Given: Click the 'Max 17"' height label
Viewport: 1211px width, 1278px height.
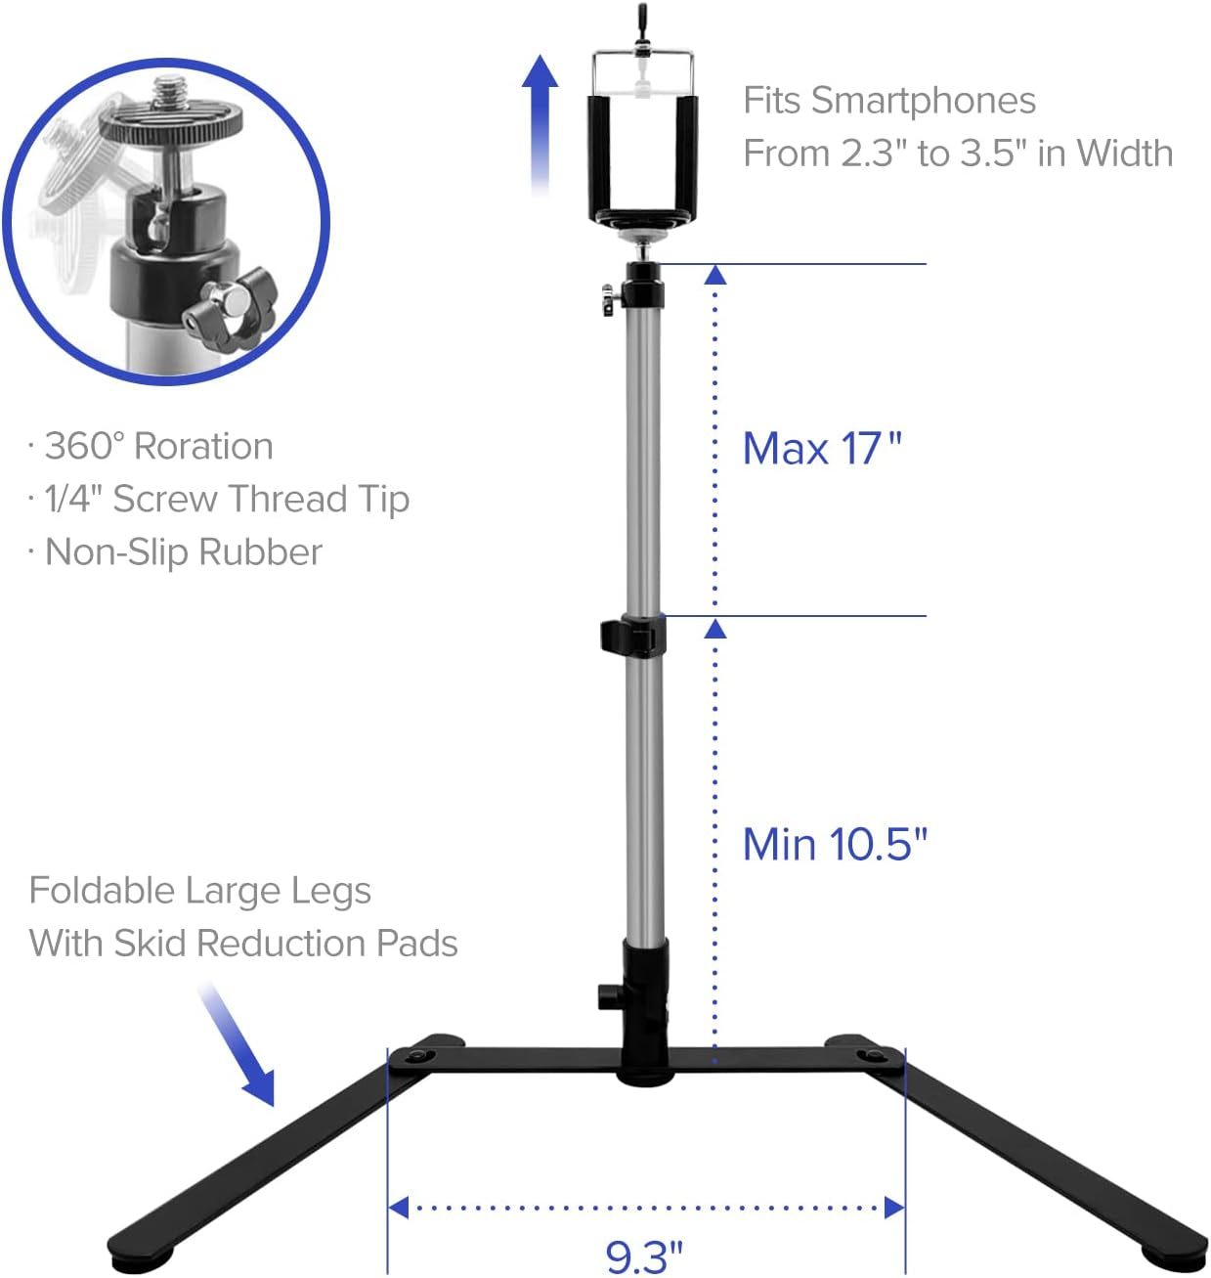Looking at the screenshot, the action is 822,448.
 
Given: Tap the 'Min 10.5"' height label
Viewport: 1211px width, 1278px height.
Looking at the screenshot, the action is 835,845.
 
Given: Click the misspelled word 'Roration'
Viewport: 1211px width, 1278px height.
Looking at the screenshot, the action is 203,446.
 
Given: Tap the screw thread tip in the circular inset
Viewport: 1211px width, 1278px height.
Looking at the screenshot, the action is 170,92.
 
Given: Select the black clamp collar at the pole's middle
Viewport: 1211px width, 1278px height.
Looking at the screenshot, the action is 632,634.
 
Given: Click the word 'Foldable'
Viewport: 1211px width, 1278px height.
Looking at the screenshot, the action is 102,890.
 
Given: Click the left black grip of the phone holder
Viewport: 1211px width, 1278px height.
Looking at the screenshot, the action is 599,158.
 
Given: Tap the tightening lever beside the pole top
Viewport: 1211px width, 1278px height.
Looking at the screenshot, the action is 609,299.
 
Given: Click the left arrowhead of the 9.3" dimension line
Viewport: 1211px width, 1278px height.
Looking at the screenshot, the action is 398,1208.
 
